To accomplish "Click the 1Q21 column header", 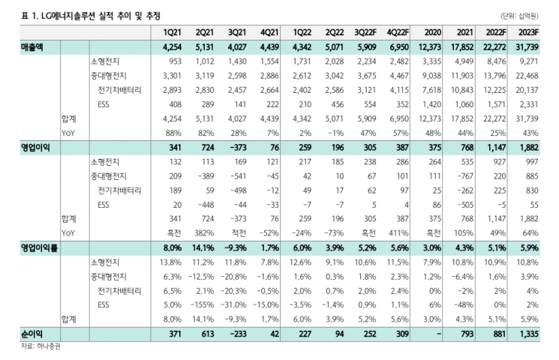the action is click(172, 32).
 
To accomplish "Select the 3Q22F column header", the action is click(365, 32).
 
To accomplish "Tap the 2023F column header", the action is click(528, 32).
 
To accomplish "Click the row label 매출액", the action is click(32, 47).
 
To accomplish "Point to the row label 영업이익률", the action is click(39, 247).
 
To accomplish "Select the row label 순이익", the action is click(32, 334).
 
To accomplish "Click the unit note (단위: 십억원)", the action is click(519, 16).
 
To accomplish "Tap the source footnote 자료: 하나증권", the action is click(41, 346).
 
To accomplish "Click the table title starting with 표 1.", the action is click(91, 16).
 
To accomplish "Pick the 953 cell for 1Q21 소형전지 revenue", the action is click(175, 61).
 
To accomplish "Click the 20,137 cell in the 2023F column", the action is click(527, 90).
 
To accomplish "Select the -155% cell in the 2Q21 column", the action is click(202, 305).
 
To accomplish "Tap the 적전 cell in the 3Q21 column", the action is click(239, 233).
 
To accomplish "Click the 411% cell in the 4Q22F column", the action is click(398, 233).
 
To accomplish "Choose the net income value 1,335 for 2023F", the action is click(528, 334).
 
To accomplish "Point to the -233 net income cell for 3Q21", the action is click(236, 334).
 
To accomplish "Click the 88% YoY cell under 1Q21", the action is click(173, 133).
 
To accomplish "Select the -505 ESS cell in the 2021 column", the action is click(465, 205).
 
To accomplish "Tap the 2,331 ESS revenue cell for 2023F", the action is click(528, 104).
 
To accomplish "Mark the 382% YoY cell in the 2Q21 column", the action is click(204, 233).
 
